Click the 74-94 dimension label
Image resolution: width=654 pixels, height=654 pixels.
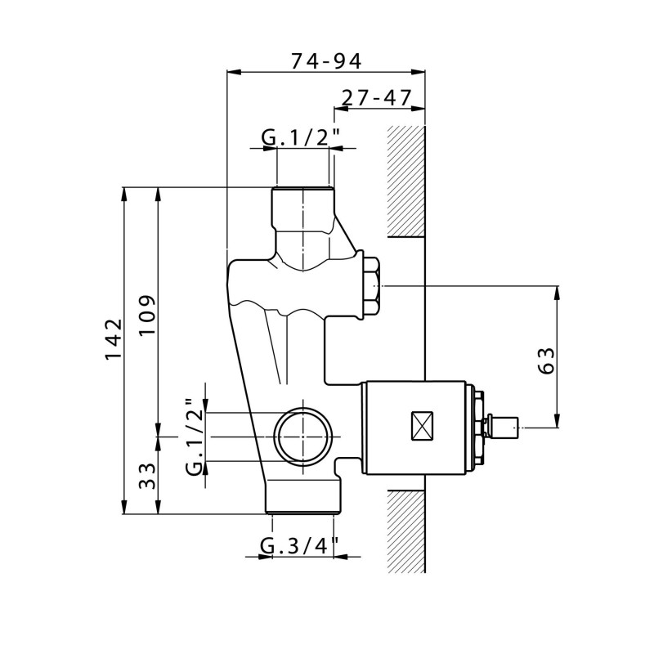tap(326, 60)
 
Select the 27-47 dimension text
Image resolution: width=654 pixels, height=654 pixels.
tap(377, 97)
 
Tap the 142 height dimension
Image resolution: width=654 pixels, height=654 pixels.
tap(114, 339)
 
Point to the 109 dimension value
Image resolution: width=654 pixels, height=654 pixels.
tap(147, 315)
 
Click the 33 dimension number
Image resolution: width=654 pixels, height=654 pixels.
tap(147, 477)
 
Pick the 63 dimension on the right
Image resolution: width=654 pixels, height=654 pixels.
tap(546, 361)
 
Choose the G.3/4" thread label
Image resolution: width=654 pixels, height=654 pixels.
tap(298, 545)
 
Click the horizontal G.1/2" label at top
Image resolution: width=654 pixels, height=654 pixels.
tap(300, 137)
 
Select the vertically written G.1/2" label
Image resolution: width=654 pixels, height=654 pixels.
tap(195, 437)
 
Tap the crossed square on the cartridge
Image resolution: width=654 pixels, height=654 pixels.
tap(422, 425)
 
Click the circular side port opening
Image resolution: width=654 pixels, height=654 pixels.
tap(303, 437)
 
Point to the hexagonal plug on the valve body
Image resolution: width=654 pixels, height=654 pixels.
tap(371, 285)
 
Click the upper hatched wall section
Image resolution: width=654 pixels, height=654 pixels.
tap(406, 181)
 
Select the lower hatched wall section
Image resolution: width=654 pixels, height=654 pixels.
tap(406, 531)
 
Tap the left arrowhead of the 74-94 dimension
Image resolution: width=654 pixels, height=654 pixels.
tap(234, 72)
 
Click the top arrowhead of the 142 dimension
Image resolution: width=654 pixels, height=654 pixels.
tap(124, 195)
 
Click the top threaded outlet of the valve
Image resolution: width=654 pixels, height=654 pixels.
tap(303, 208)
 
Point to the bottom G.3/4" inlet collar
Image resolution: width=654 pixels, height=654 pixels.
tap(303, 496)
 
